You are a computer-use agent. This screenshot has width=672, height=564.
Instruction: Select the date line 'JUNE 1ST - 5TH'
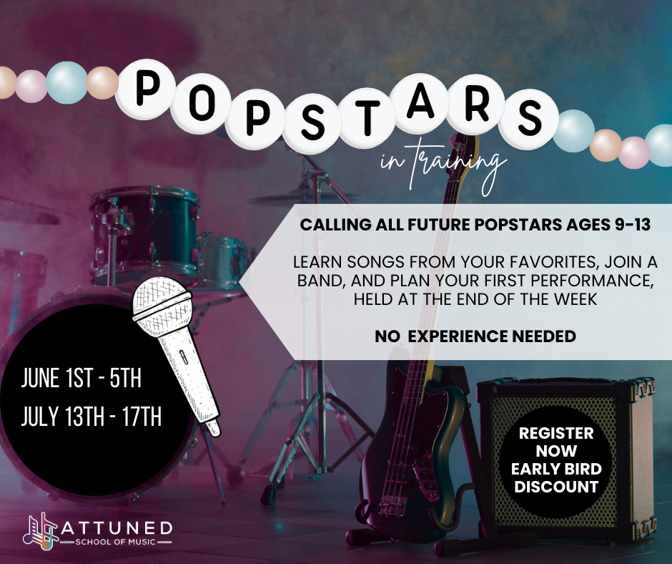pyautogui.click(x=81, y=379)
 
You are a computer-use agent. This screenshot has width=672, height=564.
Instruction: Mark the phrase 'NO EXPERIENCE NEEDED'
pyautogui.click(x=475, y=336)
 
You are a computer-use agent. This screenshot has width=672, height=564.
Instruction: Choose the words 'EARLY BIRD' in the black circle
pyautogui.click(x=557, y=469)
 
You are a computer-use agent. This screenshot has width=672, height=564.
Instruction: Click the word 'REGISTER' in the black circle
pyautogui.click(x=556, y=433)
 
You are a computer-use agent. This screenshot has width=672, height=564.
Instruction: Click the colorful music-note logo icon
pyautogui.click(x=41, y=530)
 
